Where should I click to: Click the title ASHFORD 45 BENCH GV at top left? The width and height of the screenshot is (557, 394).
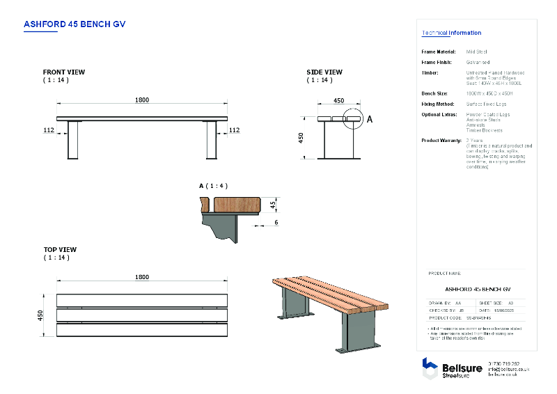coord(74,24)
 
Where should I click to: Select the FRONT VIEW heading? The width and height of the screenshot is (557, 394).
coord(64,72)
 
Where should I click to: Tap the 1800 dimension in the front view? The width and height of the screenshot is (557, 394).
coord(141,100)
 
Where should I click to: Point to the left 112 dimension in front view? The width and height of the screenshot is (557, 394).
coord(49,129)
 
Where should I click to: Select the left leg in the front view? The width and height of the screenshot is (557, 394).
coord(72,141)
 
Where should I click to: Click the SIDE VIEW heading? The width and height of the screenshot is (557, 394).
coord(324,72)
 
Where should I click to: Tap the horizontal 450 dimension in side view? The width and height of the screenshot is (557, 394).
coord(338,101)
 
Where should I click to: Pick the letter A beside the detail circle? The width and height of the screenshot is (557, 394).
coord(370,120)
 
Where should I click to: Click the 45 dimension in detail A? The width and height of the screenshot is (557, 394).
coord(274,204)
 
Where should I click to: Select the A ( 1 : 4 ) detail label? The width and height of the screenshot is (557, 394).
coord(213,186)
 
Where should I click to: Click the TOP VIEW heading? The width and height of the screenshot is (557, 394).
coord(60,250)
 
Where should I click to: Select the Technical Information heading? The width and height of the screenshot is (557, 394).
coord(451,33)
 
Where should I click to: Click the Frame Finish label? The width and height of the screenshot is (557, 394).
coord(437,62)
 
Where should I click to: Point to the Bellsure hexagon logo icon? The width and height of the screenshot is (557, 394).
coord(430,368)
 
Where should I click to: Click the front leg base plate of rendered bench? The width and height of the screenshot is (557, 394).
coord(357,349)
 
